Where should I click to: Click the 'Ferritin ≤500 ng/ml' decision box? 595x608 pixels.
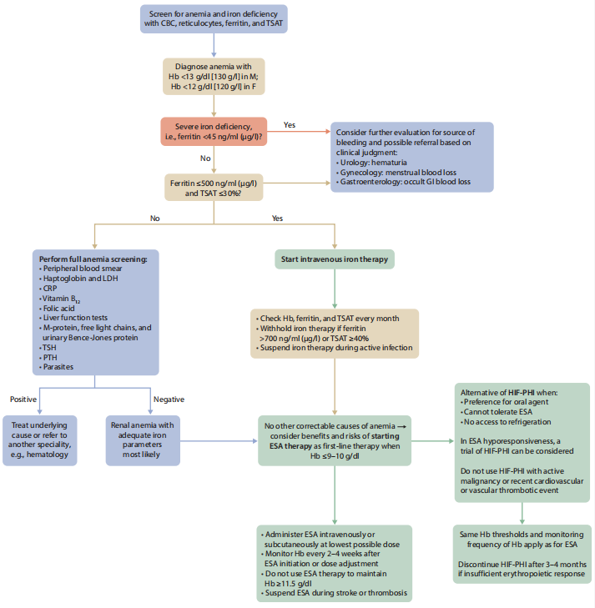click(x=214, y=188)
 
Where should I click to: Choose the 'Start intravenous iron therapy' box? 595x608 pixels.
click(x=334, y=259)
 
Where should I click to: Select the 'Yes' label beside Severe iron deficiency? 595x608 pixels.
click(x=290, y=125)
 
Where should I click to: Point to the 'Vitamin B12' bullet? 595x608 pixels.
click(x=63, y=298)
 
